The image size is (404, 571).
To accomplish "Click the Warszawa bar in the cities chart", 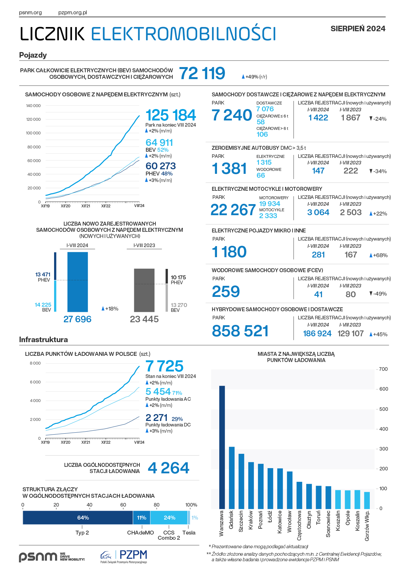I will point(222,447).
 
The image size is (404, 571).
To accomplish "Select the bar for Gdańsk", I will point(232,478).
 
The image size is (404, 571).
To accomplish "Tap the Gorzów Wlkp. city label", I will point(367,526).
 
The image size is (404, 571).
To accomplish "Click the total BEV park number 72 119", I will point(202,73).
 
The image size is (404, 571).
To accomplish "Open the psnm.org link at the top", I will point(30,13).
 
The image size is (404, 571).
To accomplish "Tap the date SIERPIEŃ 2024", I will point(358,29).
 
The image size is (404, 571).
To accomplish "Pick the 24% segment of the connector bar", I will point(169,518).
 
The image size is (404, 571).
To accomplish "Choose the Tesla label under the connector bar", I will point(189,533).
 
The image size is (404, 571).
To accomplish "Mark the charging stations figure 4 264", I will point(168,468).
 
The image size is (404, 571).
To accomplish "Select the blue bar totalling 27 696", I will point(78,282).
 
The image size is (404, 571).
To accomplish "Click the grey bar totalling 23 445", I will point(144,290).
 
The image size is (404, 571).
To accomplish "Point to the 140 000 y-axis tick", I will point(33,106).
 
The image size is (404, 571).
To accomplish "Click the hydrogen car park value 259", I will point(226,291).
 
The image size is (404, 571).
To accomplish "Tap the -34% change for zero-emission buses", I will point(378,171).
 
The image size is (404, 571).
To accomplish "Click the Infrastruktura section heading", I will point(43,340).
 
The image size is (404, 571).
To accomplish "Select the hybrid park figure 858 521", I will point(240,331).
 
